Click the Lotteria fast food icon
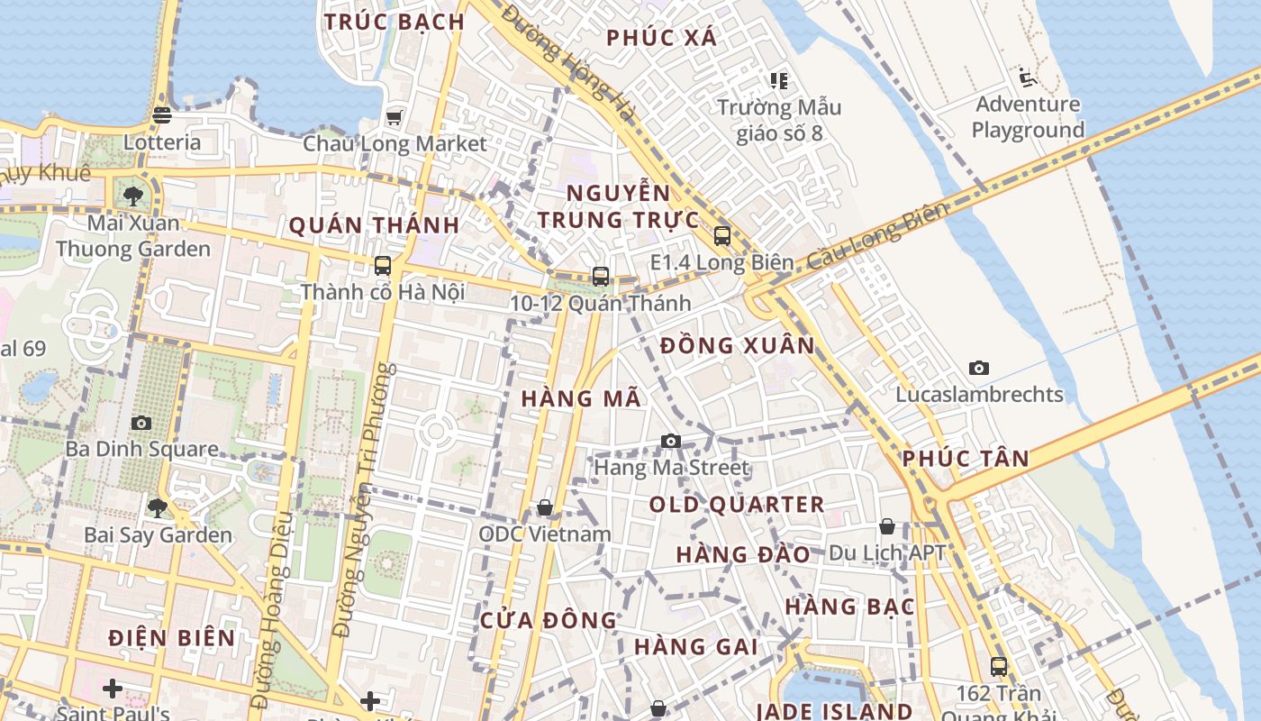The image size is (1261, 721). coord(162,114)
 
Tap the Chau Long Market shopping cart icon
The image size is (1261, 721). coord(394,117)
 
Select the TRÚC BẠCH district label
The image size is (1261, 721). coord(395,22)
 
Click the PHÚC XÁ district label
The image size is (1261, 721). coord(662,38)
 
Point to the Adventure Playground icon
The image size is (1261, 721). coord(1027,76)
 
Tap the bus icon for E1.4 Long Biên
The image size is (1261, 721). coord(721,236)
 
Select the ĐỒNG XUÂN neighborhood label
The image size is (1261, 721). coord(737,345)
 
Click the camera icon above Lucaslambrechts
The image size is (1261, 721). coord(979,368)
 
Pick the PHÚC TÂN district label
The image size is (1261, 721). coord(966,459)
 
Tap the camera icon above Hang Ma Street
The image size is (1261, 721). coord(670,441)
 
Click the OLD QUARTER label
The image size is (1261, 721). coord(737,505)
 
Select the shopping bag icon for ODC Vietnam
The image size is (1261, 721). coord(544,508)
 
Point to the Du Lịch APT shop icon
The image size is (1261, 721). coord(887,526)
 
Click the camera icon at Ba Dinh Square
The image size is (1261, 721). coord(141,423)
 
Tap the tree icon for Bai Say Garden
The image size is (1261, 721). coord(158,508)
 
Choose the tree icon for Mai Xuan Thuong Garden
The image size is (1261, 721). coord(133,196)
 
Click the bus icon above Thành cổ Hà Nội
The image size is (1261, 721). coord(383,265)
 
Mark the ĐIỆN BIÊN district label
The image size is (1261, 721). coord(172,638)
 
